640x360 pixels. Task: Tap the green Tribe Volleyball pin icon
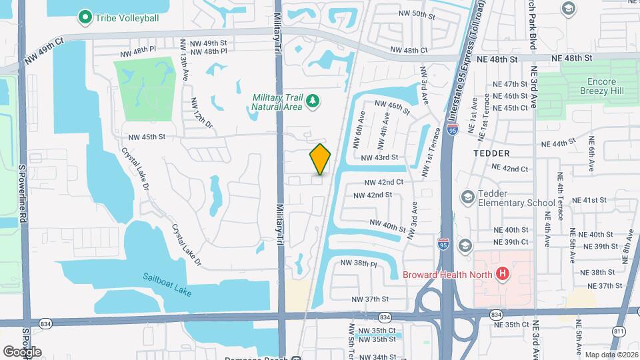(x=85, y=17)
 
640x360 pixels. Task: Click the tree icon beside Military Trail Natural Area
(x=312, y=101)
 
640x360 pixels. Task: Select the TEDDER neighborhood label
(x=491, y=153)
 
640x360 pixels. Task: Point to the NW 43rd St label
(x=379, y=157)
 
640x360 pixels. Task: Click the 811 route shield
(x=620, y=331)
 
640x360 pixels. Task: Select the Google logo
(x=22, y=351)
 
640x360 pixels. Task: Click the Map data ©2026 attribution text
(x=611, y=355)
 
